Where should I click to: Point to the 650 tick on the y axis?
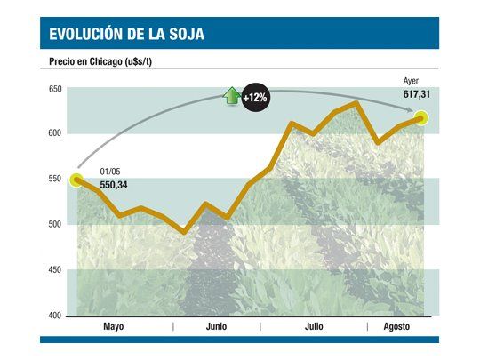coord(55,89)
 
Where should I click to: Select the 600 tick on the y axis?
coord(55,133)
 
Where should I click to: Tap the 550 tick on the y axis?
coord(55,180)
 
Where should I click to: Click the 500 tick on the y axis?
coord(55,225)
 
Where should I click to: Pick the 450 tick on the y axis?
coord(55,270)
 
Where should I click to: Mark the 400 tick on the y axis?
coord(55,316)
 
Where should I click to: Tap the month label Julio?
coord(313,327)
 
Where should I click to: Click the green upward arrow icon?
coord(232,95)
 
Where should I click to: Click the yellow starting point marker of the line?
coord(78,180)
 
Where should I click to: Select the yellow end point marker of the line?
coord(420,117)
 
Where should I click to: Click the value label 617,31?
coord(416,93)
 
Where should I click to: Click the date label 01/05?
coord(110,172)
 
